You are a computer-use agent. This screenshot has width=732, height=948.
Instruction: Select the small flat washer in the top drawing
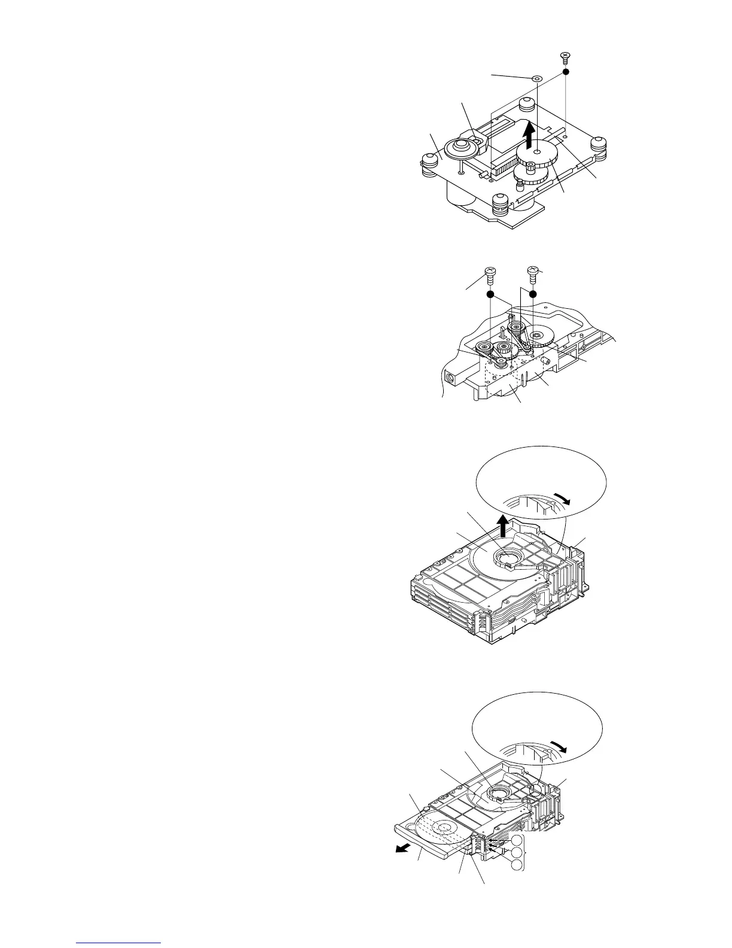(x=536, y=78)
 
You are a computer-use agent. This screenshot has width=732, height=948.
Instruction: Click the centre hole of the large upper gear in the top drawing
(x=538, y=154)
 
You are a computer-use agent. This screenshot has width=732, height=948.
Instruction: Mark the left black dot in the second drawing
(x=490, y=294)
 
